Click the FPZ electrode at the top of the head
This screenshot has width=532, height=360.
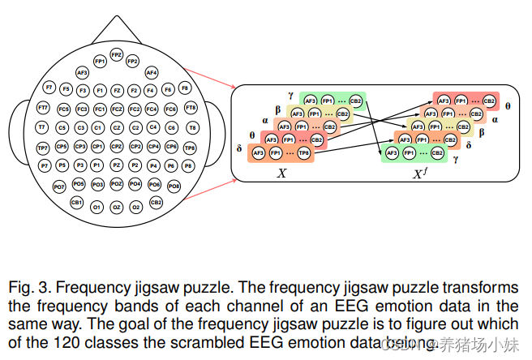(117, 55)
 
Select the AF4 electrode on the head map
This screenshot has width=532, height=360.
(152, 73)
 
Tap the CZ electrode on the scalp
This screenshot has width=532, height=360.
(117, 128)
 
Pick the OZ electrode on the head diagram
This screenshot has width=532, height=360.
(117, 208)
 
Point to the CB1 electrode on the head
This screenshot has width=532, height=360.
(77, 202)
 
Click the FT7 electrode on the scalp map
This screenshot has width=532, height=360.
(43, 108)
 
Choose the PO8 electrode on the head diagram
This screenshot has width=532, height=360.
(174, 186)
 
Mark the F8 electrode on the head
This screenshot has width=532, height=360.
(185, 88)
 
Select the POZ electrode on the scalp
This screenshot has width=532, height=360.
(117, 185)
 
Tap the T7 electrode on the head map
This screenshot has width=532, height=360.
(42, 128)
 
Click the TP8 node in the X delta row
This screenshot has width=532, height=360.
(302, 152)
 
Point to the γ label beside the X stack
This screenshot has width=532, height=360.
(290, 95)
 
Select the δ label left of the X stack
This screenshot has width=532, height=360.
(239, 148)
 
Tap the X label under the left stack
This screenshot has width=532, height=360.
(281, 173)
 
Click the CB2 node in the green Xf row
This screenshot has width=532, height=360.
(437, 152)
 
